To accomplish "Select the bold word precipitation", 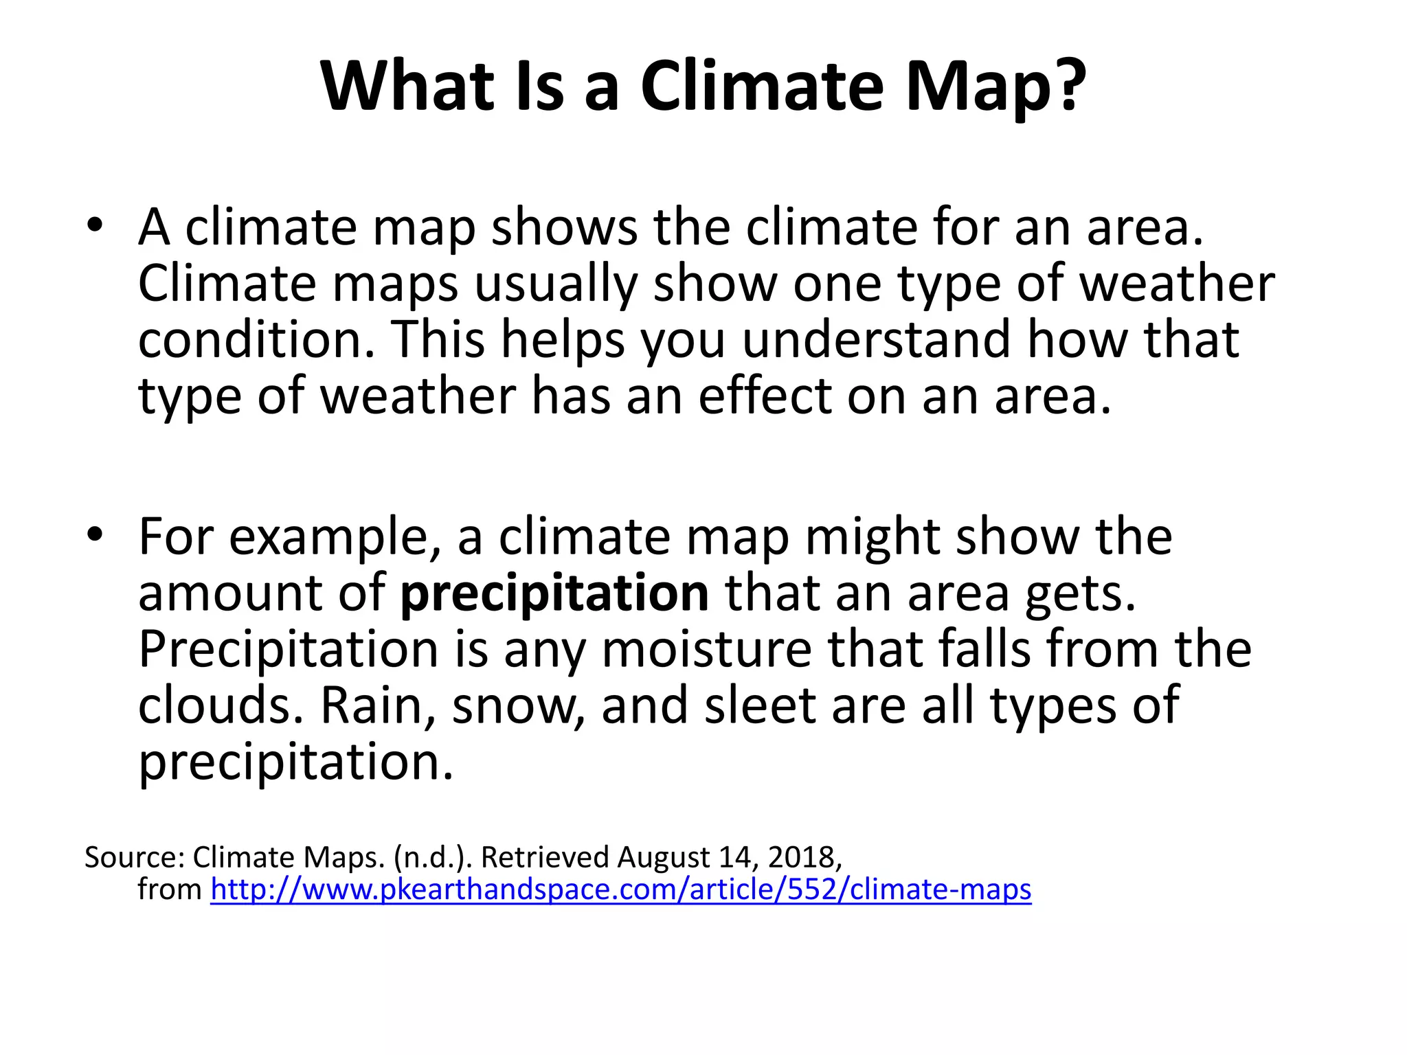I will point(554,593).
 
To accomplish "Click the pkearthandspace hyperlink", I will point(620,889).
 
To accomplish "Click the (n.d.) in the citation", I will point(433,858).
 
